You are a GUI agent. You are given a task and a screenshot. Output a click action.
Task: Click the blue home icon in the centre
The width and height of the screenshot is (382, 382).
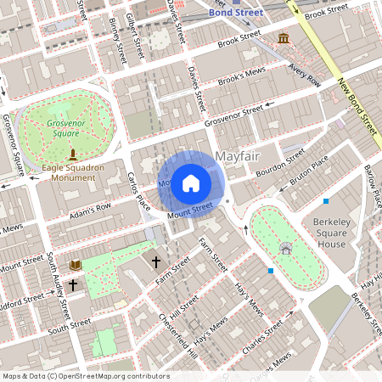pyautogui.click(x=191, y=183)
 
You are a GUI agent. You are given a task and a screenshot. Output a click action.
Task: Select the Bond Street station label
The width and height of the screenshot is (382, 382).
pyautogui.click(x=237, y=13)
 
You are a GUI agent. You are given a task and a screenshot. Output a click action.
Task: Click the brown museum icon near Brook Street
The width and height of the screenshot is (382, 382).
pyautogui.click(x=282, y=40)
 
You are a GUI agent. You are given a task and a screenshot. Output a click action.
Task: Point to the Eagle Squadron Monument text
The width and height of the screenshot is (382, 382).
pyautogui.click(x=73, y=173)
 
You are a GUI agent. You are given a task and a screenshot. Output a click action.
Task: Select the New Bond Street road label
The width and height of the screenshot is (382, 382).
pyautogui.click(x=357, y=107)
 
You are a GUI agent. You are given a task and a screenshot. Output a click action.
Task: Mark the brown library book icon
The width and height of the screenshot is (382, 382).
pyautogui.click(x=75, y=266)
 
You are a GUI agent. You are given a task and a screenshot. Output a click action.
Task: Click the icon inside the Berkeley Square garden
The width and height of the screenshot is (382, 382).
pyautogui.click(x=285, y=249)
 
